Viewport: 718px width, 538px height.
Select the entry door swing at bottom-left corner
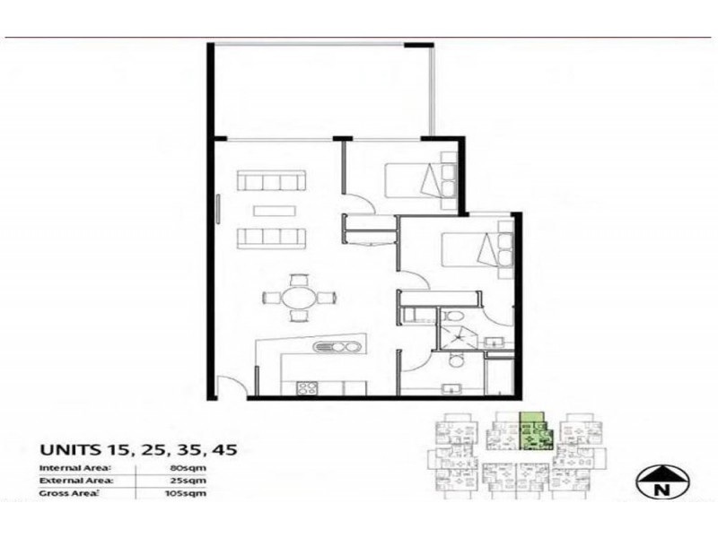click(230, 386)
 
